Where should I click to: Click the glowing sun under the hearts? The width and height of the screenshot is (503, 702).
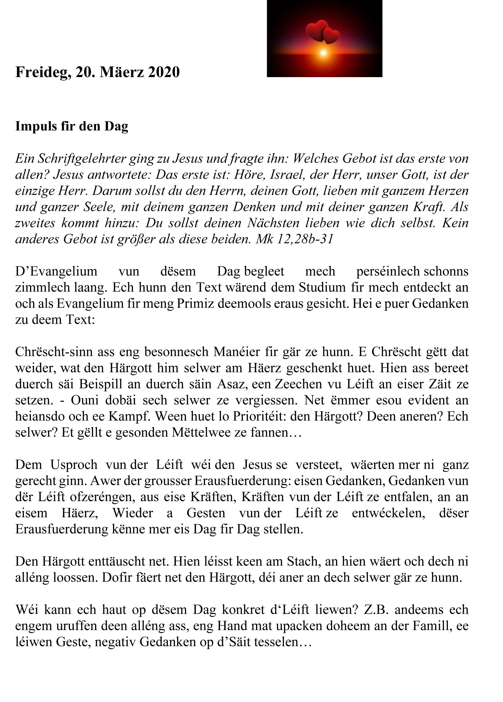tap(323, 53)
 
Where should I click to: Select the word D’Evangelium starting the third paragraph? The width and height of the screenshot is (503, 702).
tap(56, 271)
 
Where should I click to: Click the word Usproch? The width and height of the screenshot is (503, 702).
tap(74, 465)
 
